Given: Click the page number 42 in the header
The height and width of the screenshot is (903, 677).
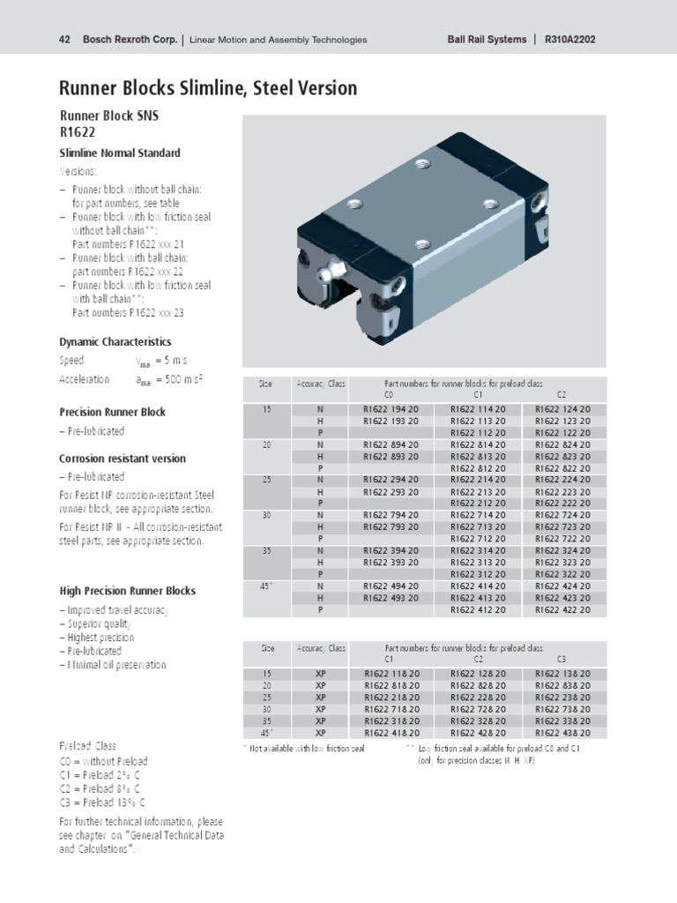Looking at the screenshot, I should pyautogui.click(x=63, y=40).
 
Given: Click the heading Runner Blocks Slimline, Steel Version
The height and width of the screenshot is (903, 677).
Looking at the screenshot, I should pyautogui.click(x=208, y=88).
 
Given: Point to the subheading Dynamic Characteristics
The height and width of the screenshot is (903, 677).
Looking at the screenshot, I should pyautogui.click(x=115, y=341).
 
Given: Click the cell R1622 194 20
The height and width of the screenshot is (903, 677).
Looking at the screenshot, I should pyautogui.click(x=391, y=409).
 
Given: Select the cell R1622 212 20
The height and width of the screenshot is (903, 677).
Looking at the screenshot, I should pyautogui.click(x=478, y=503).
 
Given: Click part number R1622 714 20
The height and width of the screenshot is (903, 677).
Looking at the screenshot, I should pyautogui.click(x=478, y=515).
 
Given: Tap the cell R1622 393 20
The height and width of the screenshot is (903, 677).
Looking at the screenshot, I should pyautogui.click(x=391, y=562).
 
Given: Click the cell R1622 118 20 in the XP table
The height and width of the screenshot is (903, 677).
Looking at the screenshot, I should pyautogui.click(x=391, y=674).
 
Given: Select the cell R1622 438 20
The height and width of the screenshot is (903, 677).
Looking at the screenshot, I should pyautogui.click(x=563, y=732).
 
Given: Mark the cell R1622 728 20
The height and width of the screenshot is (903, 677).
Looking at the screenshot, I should pyautogui.click(x=478, y=709).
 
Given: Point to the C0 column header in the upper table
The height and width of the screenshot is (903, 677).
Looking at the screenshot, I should pyautogui.click(x=390, y=394).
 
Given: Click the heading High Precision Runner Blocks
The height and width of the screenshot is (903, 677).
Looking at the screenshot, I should pyautogui.click(x=127, y=591).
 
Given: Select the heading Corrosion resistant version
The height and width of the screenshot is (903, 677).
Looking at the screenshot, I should pyautogui.click(x=123, y=459).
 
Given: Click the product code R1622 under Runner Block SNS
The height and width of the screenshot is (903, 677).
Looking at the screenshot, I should pyautogui.click(x=77, y=131).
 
